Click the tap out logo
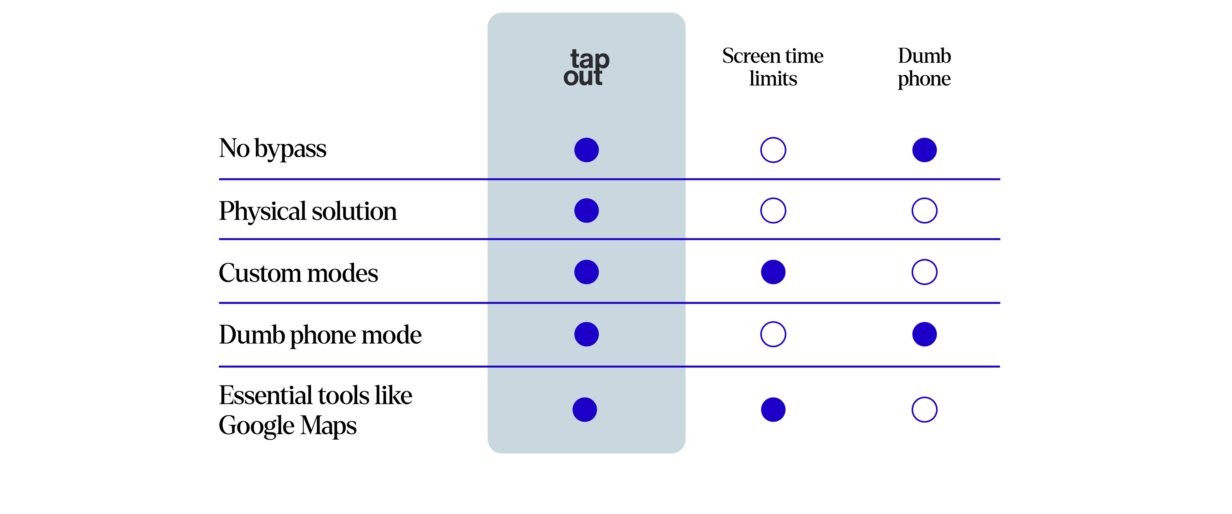pyautogui.click(x=586, y=67)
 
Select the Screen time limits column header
pyautogui.click(x=773, y=67)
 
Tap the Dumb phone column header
pyautogui.click(x=924, y=67)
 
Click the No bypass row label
pyautogui.click(x=272, y=149)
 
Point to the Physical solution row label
pyautogui.click(x=308, y=211)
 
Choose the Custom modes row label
pyautogui.click(x=298, y=273)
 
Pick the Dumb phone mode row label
pyautogui.click(x=320, y=335)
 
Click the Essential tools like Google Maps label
pyautogui.click(x=315, y=410)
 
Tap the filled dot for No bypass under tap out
pyautogui.click(x=586, y=150)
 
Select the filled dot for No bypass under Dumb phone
pyautogui.click(x=924, y=150)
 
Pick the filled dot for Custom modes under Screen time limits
pyautogui.click(x=773, y=272)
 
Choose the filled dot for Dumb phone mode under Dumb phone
pyautogui.click(x=924, y=334)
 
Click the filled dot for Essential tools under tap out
pyautogui.click(x=584, y=410)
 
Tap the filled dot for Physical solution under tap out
pyautogui.click(x=586, y=210)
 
